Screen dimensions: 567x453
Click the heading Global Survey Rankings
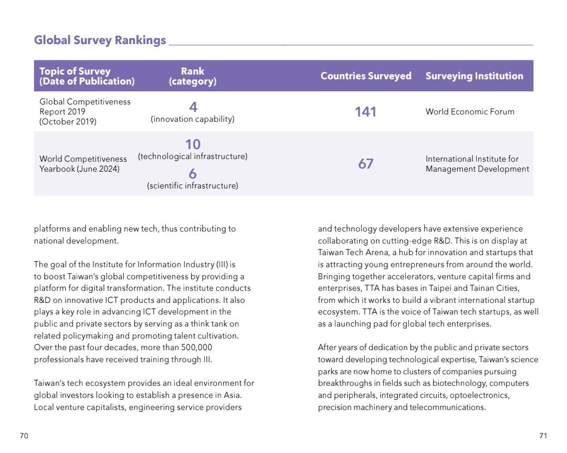click(x=100, y=40)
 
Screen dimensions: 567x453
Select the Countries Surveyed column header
click(x=366, y=76)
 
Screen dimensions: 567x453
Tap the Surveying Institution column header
click(x=475, y=76)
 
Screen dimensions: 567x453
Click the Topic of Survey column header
click(x=87, y=76)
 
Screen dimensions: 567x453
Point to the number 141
click(x=365, y=112)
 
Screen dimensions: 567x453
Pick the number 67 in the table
click(x=365, y=164)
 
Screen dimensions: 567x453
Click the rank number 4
click(x=193, y=107)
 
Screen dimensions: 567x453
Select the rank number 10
click(x=193, y=144)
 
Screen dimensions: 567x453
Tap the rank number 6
click(x=193, y=174)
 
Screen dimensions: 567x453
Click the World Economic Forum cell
click(x=470, y=112)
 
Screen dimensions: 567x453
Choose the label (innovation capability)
click(x=193, y=119)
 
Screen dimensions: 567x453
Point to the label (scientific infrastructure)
click(x=193, y=186)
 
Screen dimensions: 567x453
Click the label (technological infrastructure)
click(x=193, y=156)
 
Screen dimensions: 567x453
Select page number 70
click(x=24, y=436)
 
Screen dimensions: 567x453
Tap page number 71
click(x=543, y=436)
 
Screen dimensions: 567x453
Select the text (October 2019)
click(x=68, y=121)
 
